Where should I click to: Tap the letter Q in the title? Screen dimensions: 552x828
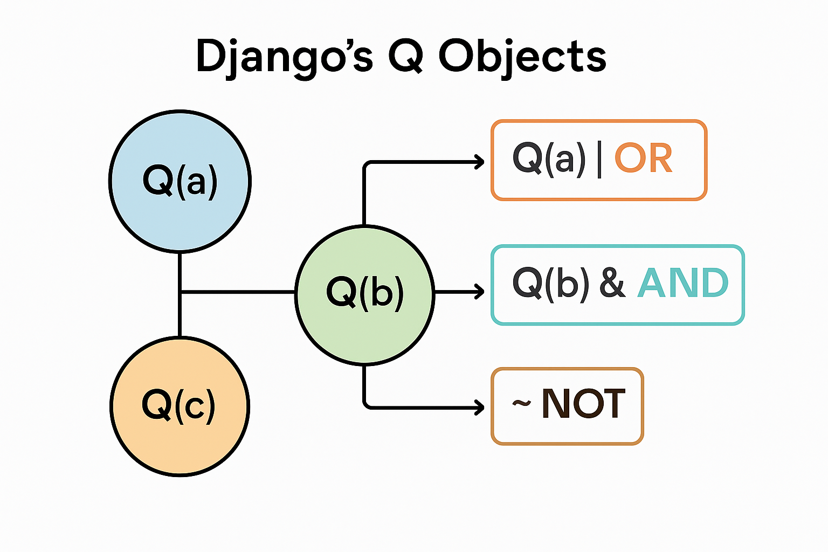coord(405,56)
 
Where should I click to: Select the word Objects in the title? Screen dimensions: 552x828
coord(522,57)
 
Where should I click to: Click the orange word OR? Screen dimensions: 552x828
coord(644,159)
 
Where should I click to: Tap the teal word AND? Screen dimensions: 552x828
coord(682,284)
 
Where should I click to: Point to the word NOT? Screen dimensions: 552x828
coord(583,404)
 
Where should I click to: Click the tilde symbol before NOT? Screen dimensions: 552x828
coord(521,403)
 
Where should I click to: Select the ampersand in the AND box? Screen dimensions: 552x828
coord(612,284)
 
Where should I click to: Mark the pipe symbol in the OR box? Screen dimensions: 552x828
coord(599,160)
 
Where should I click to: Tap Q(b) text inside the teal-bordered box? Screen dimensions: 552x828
coord(550,284)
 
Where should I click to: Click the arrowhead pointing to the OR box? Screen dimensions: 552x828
coord(479,162)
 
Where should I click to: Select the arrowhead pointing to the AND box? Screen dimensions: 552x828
coord(479,292)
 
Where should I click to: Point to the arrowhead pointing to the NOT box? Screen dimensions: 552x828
coord(479,407)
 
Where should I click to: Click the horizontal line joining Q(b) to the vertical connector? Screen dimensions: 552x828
coord(237,292)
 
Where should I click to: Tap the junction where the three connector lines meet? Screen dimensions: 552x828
coord(180,292)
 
